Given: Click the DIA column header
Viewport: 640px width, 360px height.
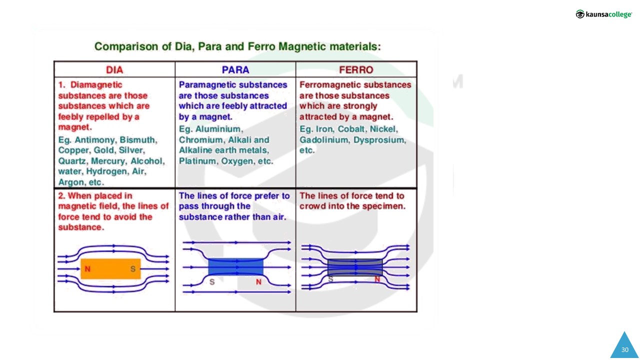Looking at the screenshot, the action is click(114, 69).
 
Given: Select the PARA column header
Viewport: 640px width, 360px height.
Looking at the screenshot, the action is click(235, 69).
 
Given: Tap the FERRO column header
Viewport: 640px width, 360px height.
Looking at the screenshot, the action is click(356, 69).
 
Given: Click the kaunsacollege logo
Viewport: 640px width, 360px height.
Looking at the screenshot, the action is click(603, 14).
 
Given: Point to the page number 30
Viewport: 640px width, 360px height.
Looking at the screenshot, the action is click(625, 349).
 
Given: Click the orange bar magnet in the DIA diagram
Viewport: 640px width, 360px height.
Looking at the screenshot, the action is click(110, 268).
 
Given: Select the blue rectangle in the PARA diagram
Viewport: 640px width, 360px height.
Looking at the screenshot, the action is click(235, 267).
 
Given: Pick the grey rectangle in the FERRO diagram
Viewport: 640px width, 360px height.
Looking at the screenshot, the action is click(355, 267).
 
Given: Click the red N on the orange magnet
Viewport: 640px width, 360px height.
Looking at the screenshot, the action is click(87, 269).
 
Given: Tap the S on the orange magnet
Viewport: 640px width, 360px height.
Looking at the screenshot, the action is click(133, 269).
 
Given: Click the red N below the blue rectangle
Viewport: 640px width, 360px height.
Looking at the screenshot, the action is click(258, 282).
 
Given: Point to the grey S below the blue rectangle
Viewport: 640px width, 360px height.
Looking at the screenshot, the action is click(212, 282).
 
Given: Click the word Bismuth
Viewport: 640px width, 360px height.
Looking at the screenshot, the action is click(138, 139).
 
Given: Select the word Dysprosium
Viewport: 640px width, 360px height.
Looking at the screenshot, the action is click(379, 140).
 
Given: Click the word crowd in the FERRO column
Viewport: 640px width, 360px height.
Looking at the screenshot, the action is click(311, 206).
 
